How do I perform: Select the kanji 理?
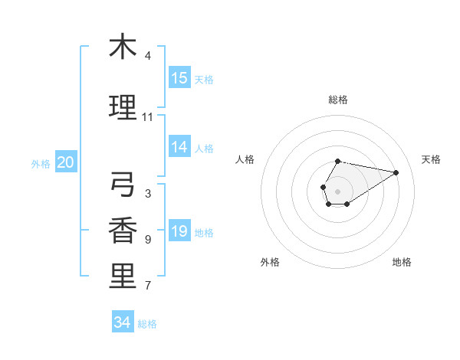click(123, 107)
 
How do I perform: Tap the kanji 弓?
click(123, 185)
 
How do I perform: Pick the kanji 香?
click(123, 231)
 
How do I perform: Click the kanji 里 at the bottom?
click(123, 277)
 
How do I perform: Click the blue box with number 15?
click(179, 78)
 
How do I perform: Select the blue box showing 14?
click(179, 147)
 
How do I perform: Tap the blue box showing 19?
click(179, 231)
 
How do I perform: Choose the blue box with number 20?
click(66, 162)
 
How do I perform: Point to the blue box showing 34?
click(122, 322)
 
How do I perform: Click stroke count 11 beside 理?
click(147, 117)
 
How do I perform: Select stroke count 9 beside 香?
click(147, 240)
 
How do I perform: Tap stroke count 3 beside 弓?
click(147, 194)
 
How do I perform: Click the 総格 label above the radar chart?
click(338, 100)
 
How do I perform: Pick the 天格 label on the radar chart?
click(431, 159)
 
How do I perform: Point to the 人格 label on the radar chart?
click(245, 159)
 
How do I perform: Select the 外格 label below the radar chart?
click(270, 262)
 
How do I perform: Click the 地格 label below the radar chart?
click(402, 262)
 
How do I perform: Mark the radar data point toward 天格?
click(396, 172)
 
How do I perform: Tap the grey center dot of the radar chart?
click(337, 190)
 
